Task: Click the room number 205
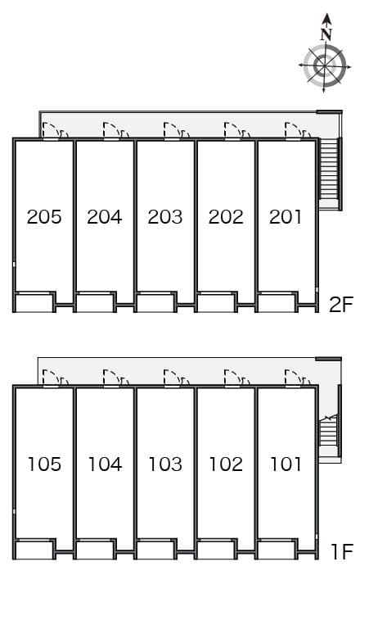(x=44, y=217)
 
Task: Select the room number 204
(x=105, y=217)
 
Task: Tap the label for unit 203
(x=165, y=217)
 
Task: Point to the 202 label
(x=226, y=217)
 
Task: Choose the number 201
(x=286, y=217)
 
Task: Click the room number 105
(x=44, y=464)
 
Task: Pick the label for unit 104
(x=105, y=464)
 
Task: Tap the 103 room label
(x=165, y=464)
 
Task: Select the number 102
(x=226, y=464)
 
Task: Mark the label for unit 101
(x=286, y=464)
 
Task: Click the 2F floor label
(x=341, y=305)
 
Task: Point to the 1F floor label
(x=342, y=551)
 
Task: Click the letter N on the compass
(x=326, y=35)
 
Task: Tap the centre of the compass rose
(x=325, y=66)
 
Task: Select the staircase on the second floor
(x=329, y=174)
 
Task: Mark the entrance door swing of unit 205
(x=51, y=130)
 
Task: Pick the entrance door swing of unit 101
(x=293, y=378)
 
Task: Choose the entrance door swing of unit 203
(x=172, y=130)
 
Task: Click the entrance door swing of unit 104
(x=111, y=378)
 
